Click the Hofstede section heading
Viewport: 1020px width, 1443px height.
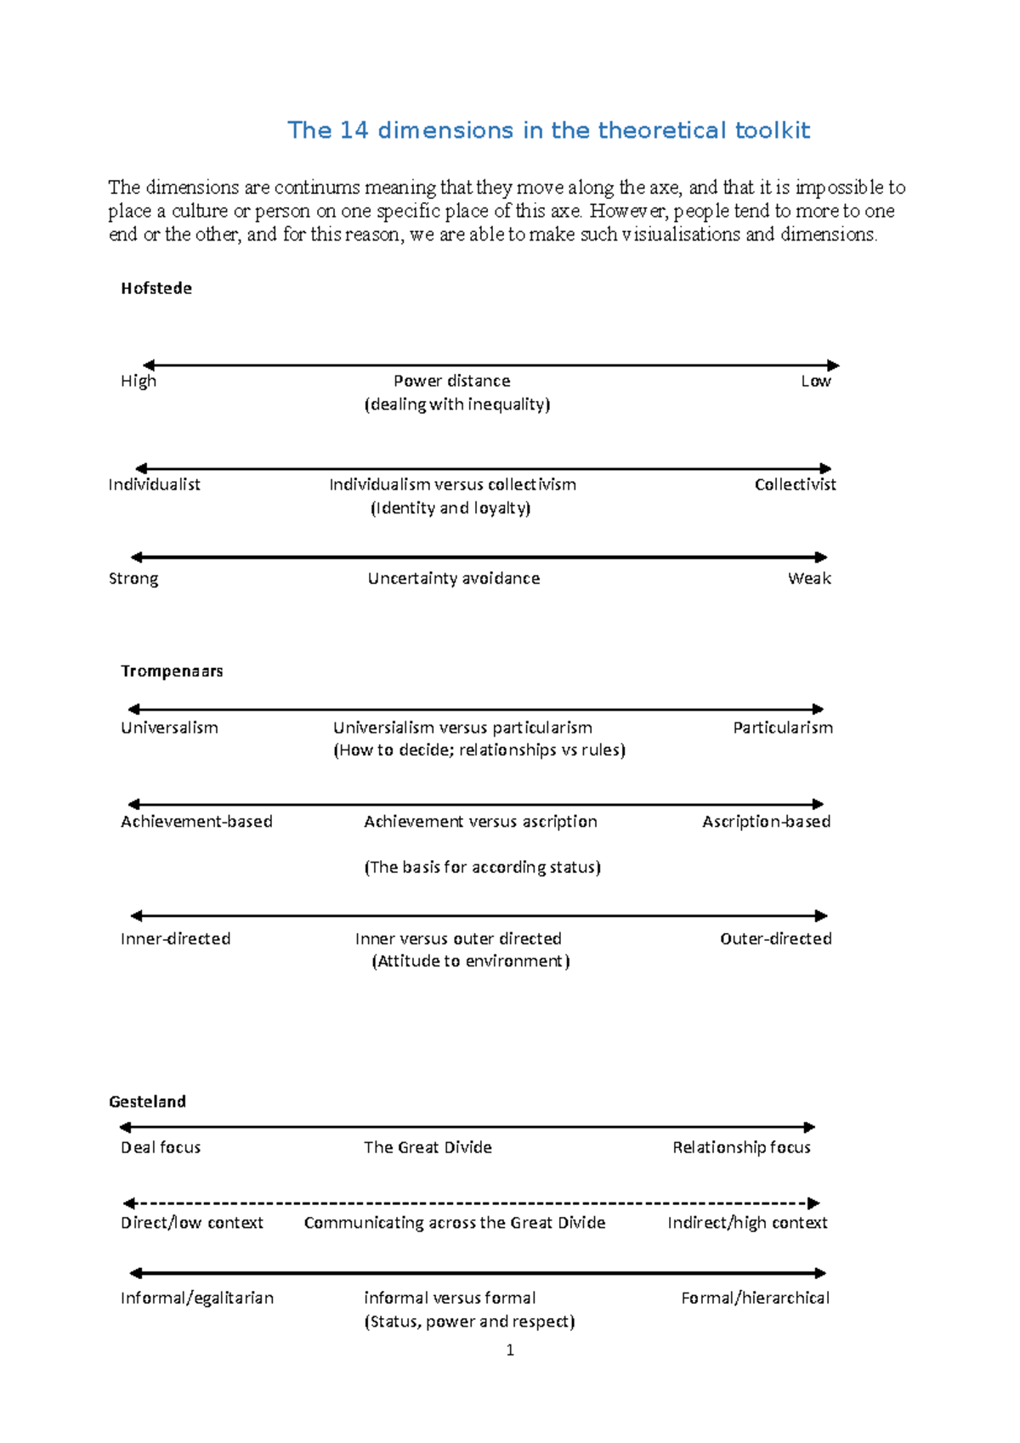(156, 288)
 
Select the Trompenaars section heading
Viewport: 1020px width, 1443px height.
(172, 671)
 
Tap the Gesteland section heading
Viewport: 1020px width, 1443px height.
(147, 1101)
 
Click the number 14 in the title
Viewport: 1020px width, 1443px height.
(354, 130)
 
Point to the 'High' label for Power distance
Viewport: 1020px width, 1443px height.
(139, 381)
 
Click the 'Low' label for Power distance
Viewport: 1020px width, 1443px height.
(815, 381)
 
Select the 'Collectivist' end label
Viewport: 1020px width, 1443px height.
(795, 484)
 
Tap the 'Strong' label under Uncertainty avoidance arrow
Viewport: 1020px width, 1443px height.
(133, 579)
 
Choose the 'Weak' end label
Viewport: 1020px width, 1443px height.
(809, 578)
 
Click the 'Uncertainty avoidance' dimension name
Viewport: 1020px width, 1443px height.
(454, 578)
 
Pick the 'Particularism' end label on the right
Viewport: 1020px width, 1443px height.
(783, 727)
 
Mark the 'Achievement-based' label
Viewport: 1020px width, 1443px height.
(196, 821)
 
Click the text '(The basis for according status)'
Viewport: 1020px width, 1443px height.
(482, 867)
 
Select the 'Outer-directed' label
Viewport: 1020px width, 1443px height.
(775, 938)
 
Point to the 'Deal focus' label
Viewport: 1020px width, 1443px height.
(161, 1147)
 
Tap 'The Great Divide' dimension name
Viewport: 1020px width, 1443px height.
(428, 1147)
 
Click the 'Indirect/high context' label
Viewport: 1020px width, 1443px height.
(747, 1222)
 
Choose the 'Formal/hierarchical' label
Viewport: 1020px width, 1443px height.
(755, 1298)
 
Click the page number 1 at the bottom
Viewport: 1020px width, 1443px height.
(510, 1350)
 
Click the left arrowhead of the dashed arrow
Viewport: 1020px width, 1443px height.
(129, 1203)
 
